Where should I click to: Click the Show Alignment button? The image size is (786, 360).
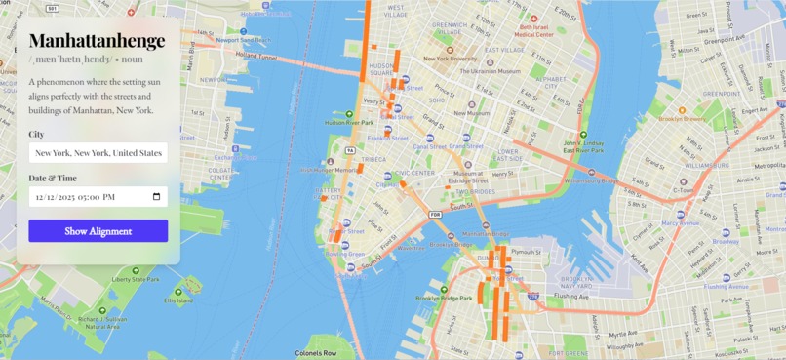tap(98, 231)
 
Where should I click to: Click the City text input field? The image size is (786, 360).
tap(98, 153)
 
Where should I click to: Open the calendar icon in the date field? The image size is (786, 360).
tap(156, 196)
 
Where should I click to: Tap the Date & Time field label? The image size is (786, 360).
tap(53, 179)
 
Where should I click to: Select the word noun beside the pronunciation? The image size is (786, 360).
tap(132, 60)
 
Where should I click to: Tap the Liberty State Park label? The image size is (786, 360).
tap(135, 280)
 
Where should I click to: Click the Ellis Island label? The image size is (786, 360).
tap(178, 300)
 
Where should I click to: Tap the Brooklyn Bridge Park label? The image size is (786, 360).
tap(445, 299)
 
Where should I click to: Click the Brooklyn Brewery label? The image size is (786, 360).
tap(682, 119)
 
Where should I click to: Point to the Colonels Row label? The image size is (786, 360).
tap(316, 353)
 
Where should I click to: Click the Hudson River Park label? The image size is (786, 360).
tap(348, 123)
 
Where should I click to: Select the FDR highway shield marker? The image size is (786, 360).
tap(436, 214)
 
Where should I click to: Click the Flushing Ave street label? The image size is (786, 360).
tap(571, 296)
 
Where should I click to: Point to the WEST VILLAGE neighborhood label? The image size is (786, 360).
tap(397, 14)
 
